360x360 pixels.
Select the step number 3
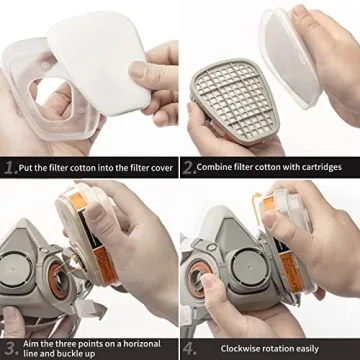click(10, 321)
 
